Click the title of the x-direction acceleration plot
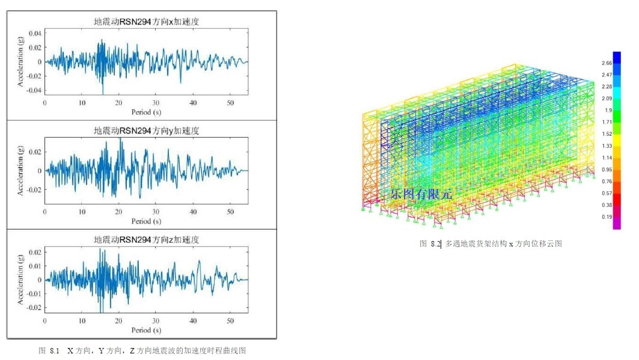pos(146,22)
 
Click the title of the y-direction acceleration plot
pos(146,130)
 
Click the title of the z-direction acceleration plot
pos(146,239)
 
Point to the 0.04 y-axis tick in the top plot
pos(35,32)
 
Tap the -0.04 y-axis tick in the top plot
pos(34,91)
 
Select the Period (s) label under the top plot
pos(146,112)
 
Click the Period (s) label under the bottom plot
pos(146,330)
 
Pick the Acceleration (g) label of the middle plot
pos(20,171)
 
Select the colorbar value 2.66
pos(607,63)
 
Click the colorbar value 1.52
pos(607,134)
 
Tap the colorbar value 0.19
pos(607,216)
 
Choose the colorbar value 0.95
pos(607,169)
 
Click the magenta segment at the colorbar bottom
pos(616,223)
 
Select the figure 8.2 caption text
pos(491,244)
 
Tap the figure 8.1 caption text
pos(142,350)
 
